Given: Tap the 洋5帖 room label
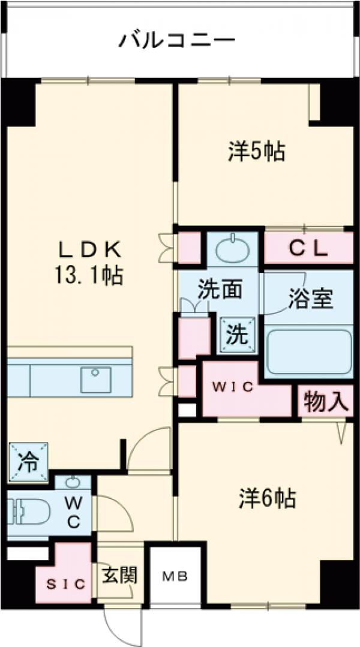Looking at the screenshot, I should [256, 152].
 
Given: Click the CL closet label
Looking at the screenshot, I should [308, 248].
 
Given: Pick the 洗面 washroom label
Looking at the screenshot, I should [220, 290].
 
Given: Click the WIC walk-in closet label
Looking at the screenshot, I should [232, 386].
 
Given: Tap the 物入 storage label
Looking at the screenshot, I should [326, 401].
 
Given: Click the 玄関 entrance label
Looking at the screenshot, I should [120, 575].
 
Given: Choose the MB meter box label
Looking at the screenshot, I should [175, 577].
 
